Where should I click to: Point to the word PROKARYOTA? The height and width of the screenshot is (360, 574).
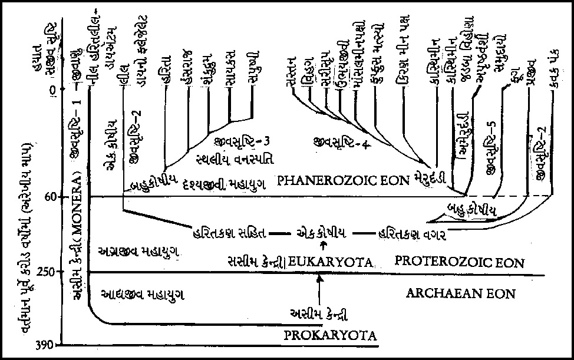coord(330,336)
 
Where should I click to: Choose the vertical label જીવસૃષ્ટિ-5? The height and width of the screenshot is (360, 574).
coord(489,158)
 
